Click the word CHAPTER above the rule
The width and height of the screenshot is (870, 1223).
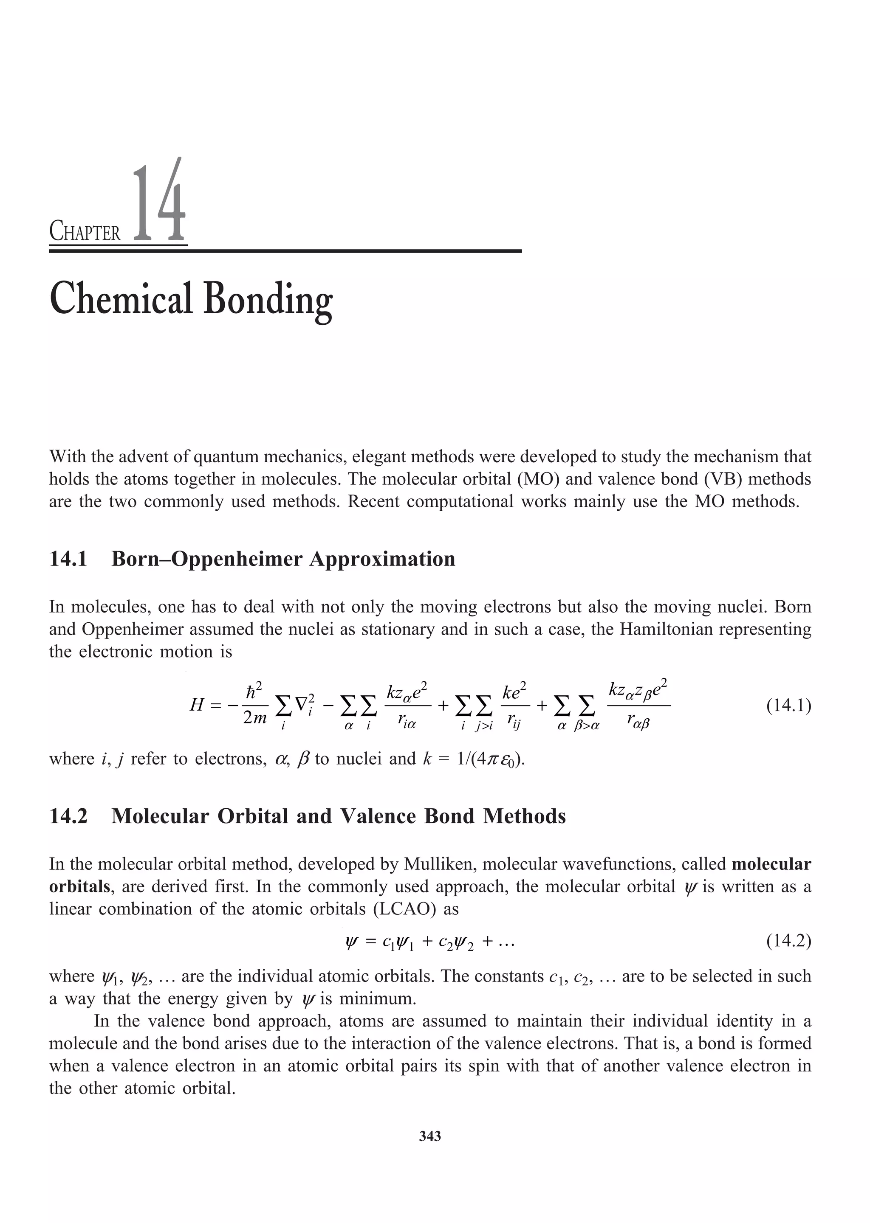(x=85, y=233)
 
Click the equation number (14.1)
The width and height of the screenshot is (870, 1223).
(x=788, y=706)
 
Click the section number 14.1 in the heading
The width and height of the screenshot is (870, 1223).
(x=68, y=559)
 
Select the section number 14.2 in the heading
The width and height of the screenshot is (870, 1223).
(x=68, y=816)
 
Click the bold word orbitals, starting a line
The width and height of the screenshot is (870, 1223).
(x=79, y=886)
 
